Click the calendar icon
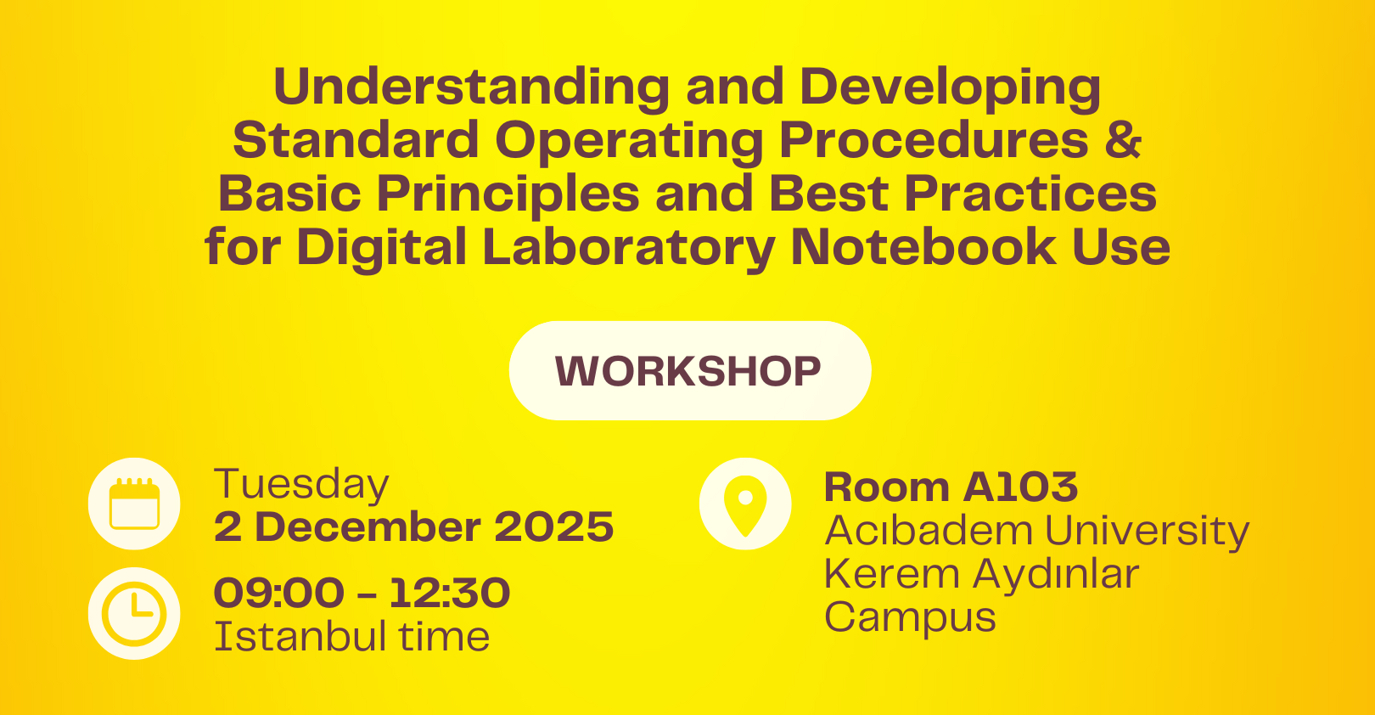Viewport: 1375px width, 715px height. click(134, 504)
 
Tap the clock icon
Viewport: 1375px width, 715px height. click(134, 613)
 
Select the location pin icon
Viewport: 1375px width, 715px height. click(745, 504)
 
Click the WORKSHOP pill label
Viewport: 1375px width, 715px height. click(689, 371)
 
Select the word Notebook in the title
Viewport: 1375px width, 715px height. click(923, 247)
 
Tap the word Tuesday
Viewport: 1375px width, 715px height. click(301, 485)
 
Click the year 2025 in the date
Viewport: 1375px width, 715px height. click(553, 527)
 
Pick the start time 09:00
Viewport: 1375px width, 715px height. click(279, 593)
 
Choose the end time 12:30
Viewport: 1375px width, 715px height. click(450, 593)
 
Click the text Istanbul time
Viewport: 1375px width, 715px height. click(351, 637)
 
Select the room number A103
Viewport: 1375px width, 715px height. click(1021, 487)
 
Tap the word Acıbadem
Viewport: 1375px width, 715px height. click(928, 531)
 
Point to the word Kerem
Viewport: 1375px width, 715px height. click(891, 574)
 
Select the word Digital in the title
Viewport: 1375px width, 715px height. click(382, 247)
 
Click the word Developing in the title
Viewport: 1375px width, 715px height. click(950, 87)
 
